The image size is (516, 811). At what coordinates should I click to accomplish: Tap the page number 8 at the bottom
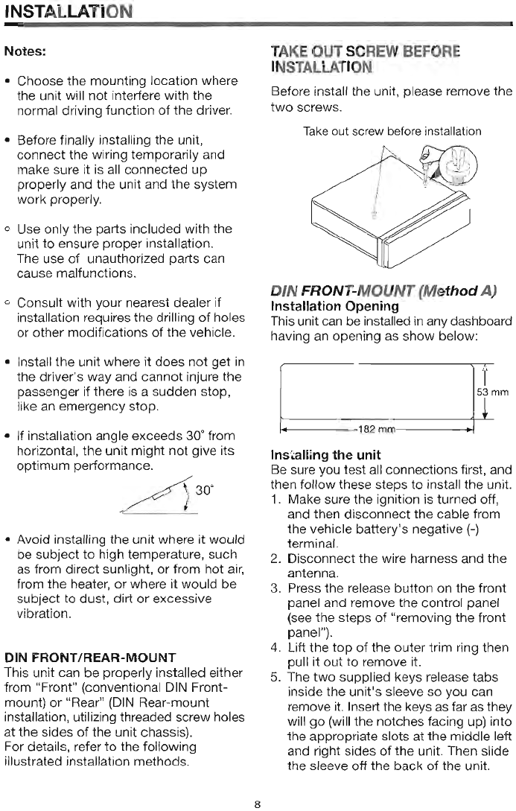click(257, 804)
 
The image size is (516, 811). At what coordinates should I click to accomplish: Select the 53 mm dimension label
click(493, 392)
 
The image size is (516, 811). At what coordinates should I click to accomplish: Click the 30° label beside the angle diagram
click(205, 489)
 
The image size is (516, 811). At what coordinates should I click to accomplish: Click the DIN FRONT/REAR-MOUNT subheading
click(89, 658)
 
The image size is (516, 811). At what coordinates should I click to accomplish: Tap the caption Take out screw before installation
click(392, 131)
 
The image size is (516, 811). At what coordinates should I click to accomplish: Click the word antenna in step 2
click(312, 573)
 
